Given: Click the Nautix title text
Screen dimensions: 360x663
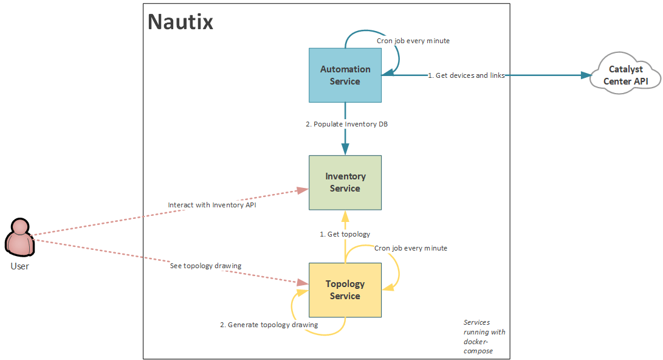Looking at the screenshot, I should [180, 22].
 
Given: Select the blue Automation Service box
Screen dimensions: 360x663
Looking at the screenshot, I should [345, 75].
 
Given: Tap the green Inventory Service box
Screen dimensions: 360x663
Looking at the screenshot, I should [345, 182].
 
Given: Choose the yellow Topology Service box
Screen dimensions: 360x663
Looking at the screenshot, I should [345, 289].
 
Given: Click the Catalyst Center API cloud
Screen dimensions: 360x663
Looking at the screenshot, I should [625, 75].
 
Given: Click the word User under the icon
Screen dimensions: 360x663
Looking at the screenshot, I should [19, 266].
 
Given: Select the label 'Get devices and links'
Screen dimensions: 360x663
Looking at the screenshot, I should [467, 75].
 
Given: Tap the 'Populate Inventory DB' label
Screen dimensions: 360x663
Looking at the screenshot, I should [346, 124].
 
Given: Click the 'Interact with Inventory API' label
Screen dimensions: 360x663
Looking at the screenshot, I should [211, 205].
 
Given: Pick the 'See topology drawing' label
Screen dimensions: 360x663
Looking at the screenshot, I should [205, 266].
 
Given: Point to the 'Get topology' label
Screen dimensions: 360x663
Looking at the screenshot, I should [345, 234].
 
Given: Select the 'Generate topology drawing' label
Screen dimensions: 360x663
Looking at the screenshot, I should [269, 325].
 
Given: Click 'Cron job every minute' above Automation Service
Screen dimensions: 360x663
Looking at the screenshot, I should [413, 41].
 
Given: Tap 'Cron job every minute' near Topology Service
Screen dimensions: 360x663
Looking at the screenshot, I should [411, 248].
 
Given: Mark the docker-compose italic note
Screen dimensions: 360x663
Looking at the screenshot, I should [484, 336].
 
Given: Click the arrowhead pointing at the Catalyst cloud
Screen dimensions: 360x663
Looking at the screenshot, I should [586, 75].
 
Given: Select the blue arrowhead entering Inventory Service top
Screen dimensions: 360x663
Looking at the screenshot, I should [345, 150].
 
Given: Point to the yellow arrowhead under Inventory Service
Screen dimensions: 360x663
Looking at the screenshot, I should [345, 216].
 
